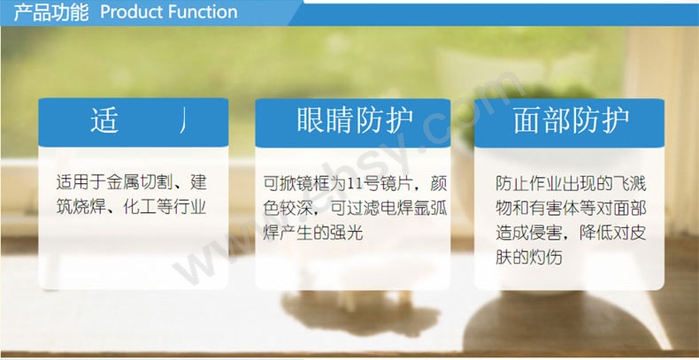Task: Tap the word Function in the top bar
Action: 203,12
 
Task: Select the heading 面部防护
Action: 571,122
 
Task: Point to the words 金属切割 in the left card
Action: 135,185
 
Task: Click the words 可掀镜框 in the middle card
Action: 296,186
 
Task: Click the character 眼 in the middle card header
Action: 310,122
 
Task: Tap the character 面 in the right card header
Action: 528,122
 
